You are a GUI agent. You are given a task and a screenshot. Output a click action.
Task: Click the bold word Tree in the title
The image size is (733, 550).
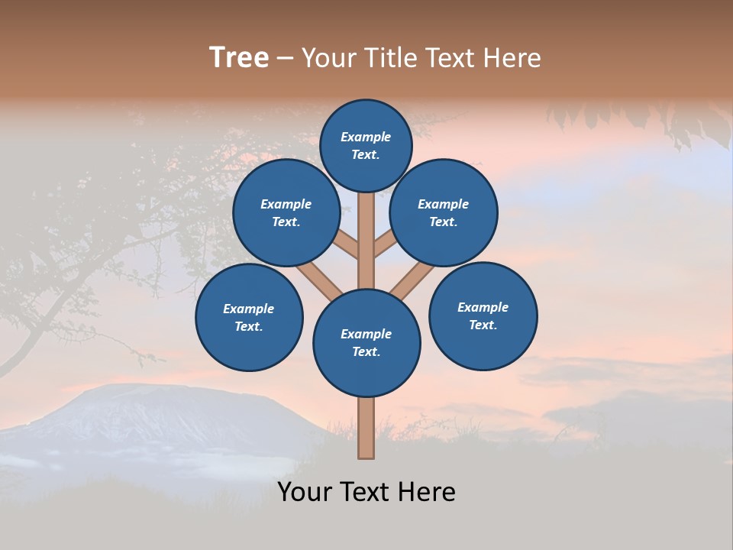click(x=239, y=57)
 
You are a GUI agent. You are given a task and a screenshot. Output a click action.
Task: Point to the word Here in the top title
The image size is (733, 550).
click(x=512, y=58)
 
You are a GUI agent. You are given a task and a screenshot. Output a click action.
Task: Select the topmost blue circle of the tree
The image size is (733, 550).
click(x=366, y=145)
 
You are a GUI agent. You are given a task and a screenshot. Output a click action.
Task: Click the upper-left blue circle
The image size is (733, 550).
click(x=286, y=212)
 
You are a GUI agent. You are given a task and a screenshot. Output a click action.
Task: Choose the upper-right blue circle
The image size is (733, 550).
click(x=444, y=212)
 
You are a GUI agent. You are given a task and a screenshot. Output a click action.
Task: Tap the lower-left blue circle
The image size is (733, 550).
click(x=249, y=317)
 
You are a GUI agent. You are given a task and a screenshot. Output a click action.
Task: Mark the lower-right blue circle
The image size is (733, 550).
click(x=483, y=315)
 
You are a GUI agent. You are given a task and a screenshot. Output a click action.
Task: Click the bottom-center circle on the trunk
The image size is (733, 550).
click(x=366, y=343)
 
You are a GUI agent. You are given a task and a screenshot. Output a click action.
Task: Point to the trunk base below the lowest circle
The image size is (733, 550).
click(x=366, y=428)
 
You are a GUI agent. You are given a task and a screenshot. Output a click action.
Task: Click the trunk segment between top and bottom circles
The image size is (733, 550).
click(x=366, y=241)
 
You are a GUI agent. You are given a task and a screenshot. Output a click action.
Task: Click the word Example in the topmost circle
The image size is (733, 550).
click(x=366, y=137)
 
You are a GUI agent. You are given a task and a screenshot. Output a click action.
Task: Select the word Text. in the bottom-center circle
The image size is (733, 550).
click(x=366, y=351)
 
